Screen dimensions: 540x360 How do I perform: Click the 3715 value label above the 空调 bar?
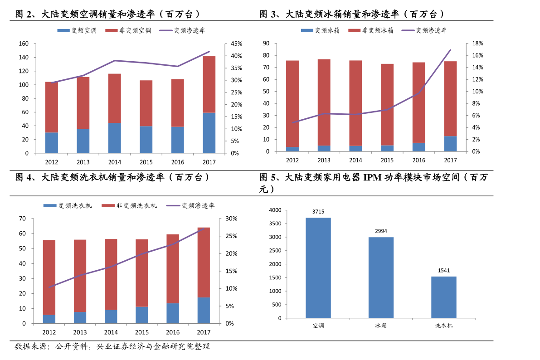point(318,212)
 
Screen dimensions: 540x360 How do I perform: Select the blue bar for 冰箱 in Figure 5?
point(381,277)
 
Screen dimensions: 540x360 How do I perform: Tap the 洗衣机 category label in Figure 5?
point(444,325)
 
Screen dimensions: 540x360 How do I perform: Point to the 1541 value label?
point(444,270)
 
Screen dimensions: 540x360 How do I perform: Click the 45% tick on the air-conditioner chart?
point(237,44)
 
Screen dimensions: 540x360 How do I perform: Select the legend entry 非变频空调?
point(128,31)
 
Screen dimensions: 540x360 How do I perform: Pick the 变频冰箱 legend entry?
point(320,30)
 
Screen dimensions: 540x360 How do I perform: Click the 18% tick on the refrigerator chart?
point(478,44)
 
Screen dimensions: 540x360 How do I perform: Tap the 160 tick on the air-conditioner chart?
point(24,44)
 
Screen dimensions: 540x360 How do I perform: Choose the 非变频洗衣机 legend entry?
point(129,206)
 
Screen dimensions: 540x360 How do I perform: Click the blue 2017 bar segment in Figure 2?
point(209,133)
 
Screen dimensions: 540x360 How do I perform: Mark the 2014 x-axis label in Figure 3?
point(355,160)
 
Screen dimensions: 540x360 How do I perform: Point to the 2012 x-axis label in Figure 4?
point(49,332)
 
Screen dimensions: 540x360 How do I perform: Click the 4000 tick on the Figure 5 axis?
point(275,210)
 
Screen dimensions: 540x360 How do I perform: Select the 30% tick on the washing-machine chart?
point(231,219)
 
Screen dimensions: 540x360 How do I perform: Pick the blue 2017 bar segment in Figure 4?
point(204,311)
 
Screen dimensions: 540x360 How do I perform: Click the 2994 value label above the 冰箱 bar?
point(381,231)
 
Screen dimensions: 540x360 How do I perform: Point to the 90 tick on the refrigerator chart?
point(266,44)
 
